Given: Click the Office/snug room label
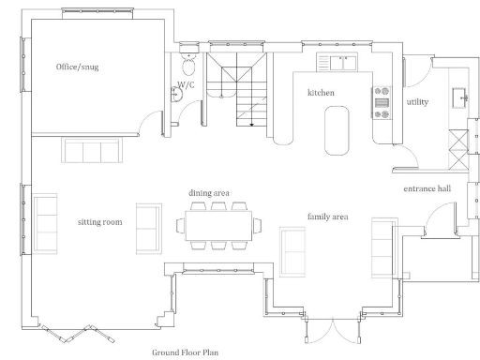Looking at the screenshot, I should coord(77,67).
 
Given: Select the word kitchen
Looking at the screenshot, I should coord(321,93).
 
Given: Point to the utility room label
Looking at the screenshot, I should coord(417,101).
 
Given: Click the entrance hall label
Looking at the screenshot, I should coord(427,188).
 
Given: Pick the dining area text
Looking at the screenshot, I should coord(209,192).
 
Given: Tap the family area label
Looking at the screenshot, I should coord(327,217).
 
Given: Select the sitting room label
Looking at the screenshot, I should coord(100,222).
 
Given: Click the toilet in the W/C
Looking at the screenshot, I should coord(188,65).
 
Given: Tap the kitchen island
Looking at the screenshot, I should coord(335,128).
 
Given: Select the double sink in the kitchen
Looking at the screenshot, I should coord(338,63).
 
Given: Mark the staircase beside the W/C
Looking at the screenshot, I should coord(232,89).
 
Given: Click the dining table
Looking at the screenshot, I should coord(217,226).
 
